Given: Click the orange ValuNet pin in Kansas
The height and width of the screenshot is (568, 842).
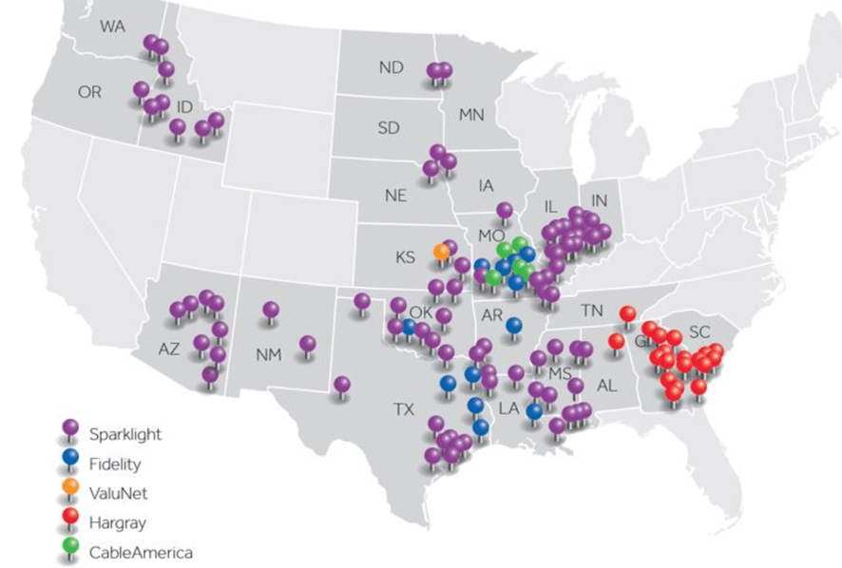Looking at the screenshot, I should coord(441,252).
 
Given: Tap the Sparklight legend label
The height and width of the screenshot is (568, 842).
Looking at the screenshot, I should coord(125,434).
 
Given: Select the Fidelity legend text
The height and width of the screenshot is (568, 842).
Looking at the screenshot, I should coord(115,464).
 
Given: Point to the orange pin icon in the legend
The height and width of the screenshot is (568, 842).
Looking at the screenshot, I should coord(69,492).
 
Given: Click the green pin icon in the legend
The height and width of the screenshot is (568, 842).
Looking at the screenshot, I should coord(69,550).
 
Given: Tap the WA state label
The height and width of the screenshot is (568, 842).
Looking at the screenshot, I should coord(113,25).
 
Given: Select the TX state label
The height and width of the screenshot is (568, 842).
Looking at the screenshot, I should coord(404,410).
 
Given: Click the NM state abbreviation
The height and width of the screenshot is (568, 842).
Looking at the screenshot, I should coord(268,354).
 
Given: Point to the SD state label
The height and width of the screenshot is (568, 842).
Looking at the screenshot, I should coord(389,127).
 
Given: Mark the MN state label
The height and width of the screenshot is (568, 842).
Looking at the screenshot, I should coord(471,115).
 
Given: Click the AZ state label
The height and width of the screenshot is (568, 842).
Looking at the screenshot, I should coord(168,349).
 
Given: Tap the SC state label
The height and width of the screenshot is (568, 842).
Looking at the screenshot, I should coord(699,331).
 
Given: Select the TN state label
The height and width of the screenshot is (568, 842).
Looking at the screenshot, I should coord(592,310).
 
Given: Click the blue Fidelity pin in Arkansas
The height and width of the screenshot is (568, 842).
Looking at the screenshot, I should coord(514,326).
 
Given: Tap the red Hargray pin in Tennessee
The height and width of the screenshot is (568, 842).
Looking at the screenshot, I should coord(627,313).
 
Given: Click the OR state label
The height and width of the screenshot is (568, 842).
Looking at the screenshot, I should coord(89,92).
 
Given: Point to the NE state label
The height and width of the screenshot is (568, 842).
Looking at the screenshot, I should coord(395,196).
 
